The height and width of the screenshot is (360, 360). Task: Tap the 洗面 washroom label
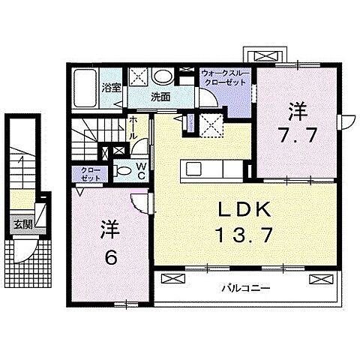(160, 97)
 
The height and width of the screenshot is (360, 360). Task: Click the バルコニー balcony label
(244, 287)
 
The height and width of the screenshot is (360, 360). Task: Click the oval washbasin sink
(160, 76)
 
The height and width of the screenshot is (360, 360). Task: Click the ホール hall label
(133, 126)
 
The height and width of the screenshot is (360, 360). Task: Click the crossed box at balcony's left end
(172, 278)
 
